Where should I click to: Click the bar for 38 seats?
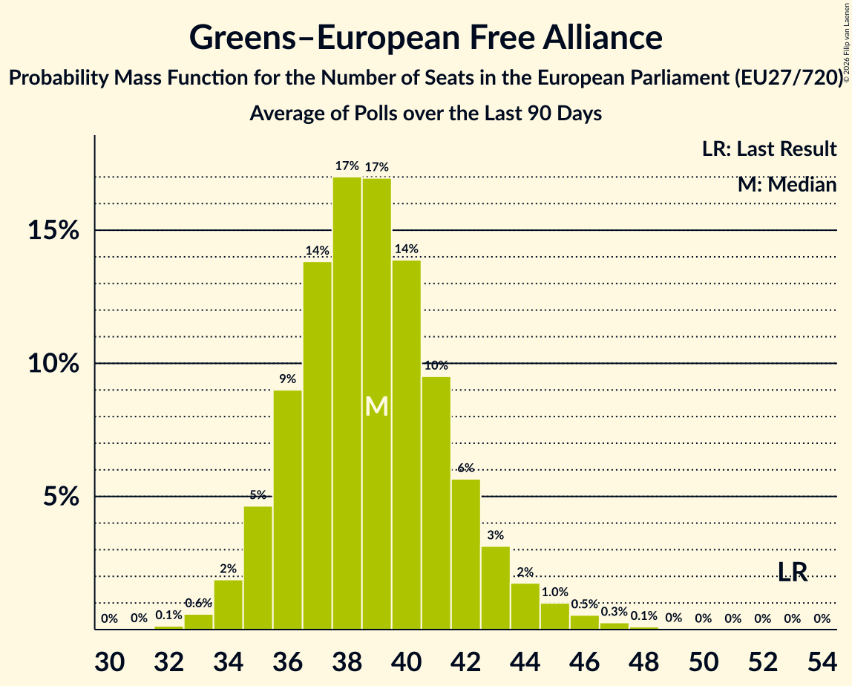point(347,403)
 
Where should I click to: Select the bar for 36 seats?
point(287,510)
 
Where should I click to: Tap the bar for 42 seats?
point(466,555)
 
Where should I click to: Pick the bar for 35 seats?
point(258,568)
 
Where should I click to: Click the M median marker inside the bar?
point(376,407)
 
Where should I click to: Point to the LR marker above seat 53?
point(793,572)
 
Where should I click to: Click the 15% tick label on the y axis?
point(53,230)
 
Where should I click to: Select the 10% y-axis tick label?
point(53,363)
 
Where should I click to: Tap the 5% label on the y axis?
point(61,496)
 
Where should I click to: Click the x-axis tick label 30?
point(110,662)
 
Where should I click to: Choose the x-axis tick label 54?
point(822,662)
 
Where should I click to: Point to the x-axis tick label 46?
point(585,662)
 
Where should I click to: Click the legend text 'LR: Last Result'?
point(769,148)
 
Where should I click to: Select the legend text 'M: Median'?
point(787,185)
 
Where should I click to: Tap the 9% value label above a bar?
point(287,379)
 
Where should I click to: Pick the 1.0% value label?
point(555,592)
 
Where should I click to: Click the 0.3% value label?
point(614,612)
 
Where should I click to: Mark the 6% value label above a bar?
point(466,468)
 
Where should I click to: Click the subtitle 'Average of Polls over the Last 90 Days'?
point(425,113)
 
